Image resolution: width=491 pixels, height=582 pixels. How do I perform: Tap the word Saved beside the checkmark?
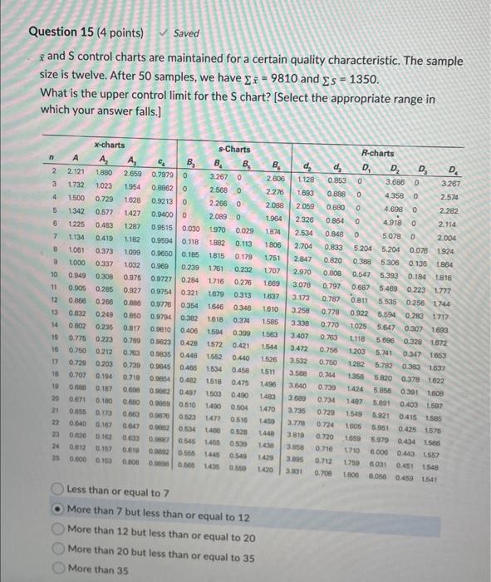point(186,34)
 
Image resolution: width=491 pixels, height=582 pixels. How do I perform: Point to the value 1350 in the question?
point(361,78)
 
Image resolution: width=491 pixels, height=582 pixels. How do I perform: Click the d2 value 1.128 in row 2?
point(307,178)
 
